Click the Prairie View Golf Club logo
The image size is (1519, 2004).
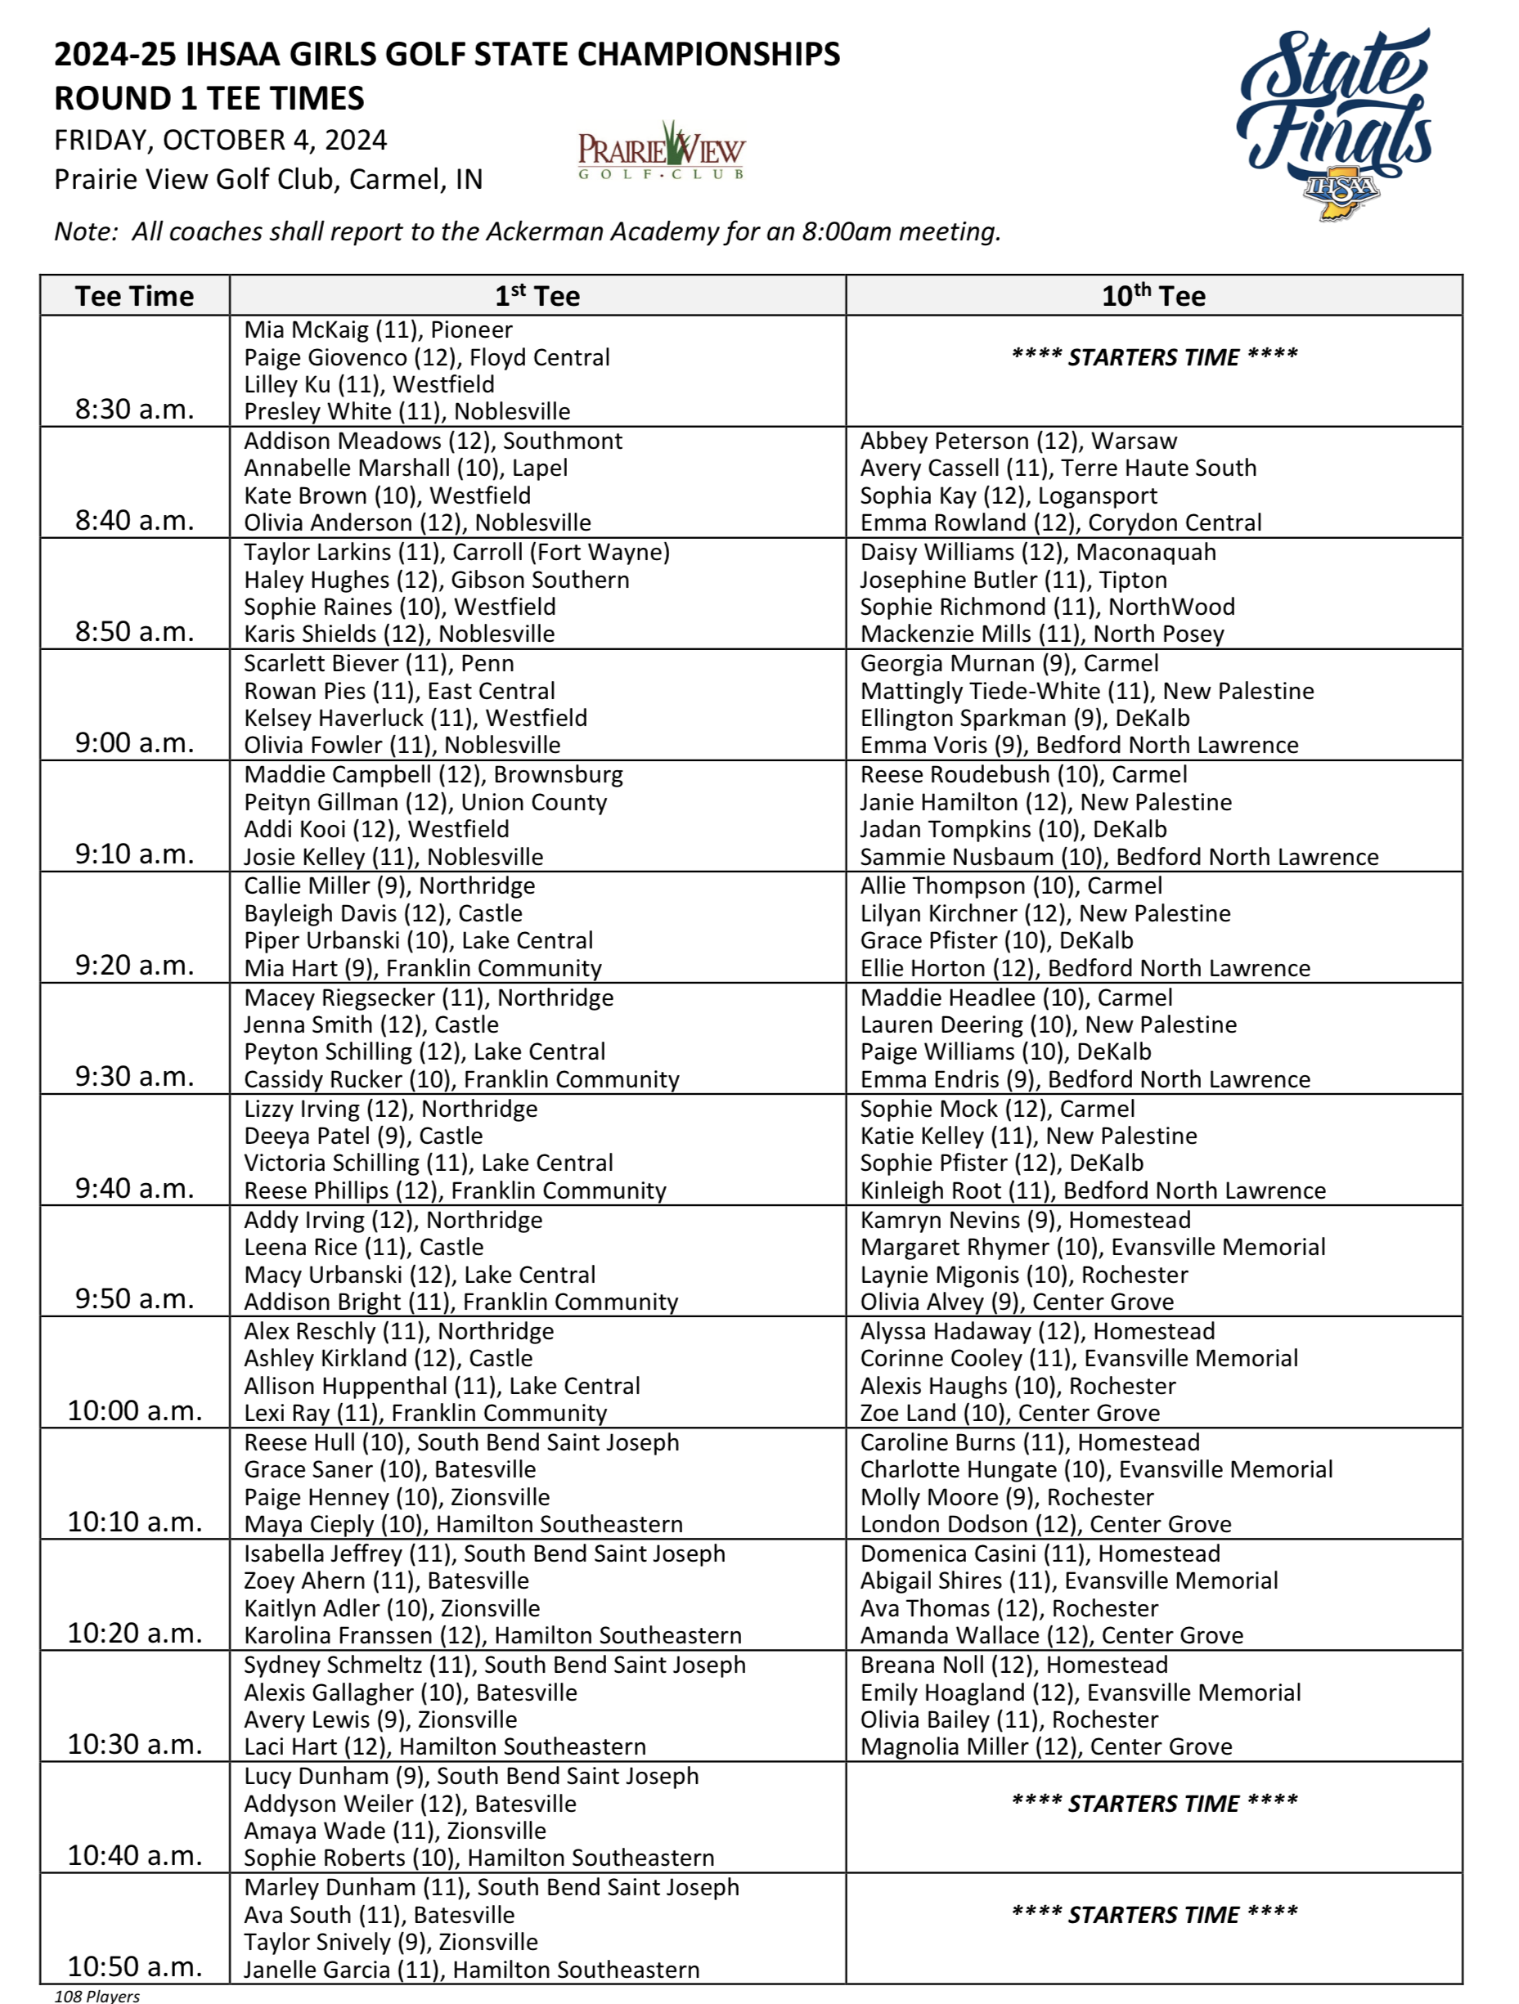[661, 150]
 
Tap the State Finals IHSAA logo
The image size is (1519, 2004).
[1334, 123]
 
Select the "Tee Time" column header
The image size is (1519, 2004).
[134, 296]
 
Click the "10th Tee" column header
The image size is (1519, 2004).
[1153, 296]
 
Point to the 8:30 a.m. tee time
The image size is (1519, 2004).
[134, 410]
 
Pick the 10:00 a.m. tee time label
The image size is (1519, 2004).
[134, 1410]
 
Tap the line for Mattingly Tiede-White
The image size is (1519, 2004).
[1086, 691]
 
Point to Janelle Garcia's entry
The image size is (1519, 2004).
[471, 1970]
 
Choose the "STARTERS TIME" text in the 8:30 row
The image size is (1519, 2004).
[1153, 357]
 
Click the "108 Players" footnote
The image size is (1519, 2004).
[97, 1995]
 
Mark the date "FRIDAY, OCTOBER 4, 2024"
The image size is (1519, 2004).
[220, 141]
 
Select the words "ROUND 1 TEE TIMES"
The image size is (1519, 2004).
[209, 98]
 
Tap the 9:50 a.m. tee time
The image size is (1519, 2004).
[134, 1299]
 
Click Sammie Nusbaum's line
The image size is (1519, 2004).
[1118, 857]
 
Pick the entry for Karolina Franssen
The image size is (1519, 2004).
[492, 1635]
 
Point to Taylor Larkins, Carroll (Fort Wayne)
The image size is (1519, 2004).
[456, 553]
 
